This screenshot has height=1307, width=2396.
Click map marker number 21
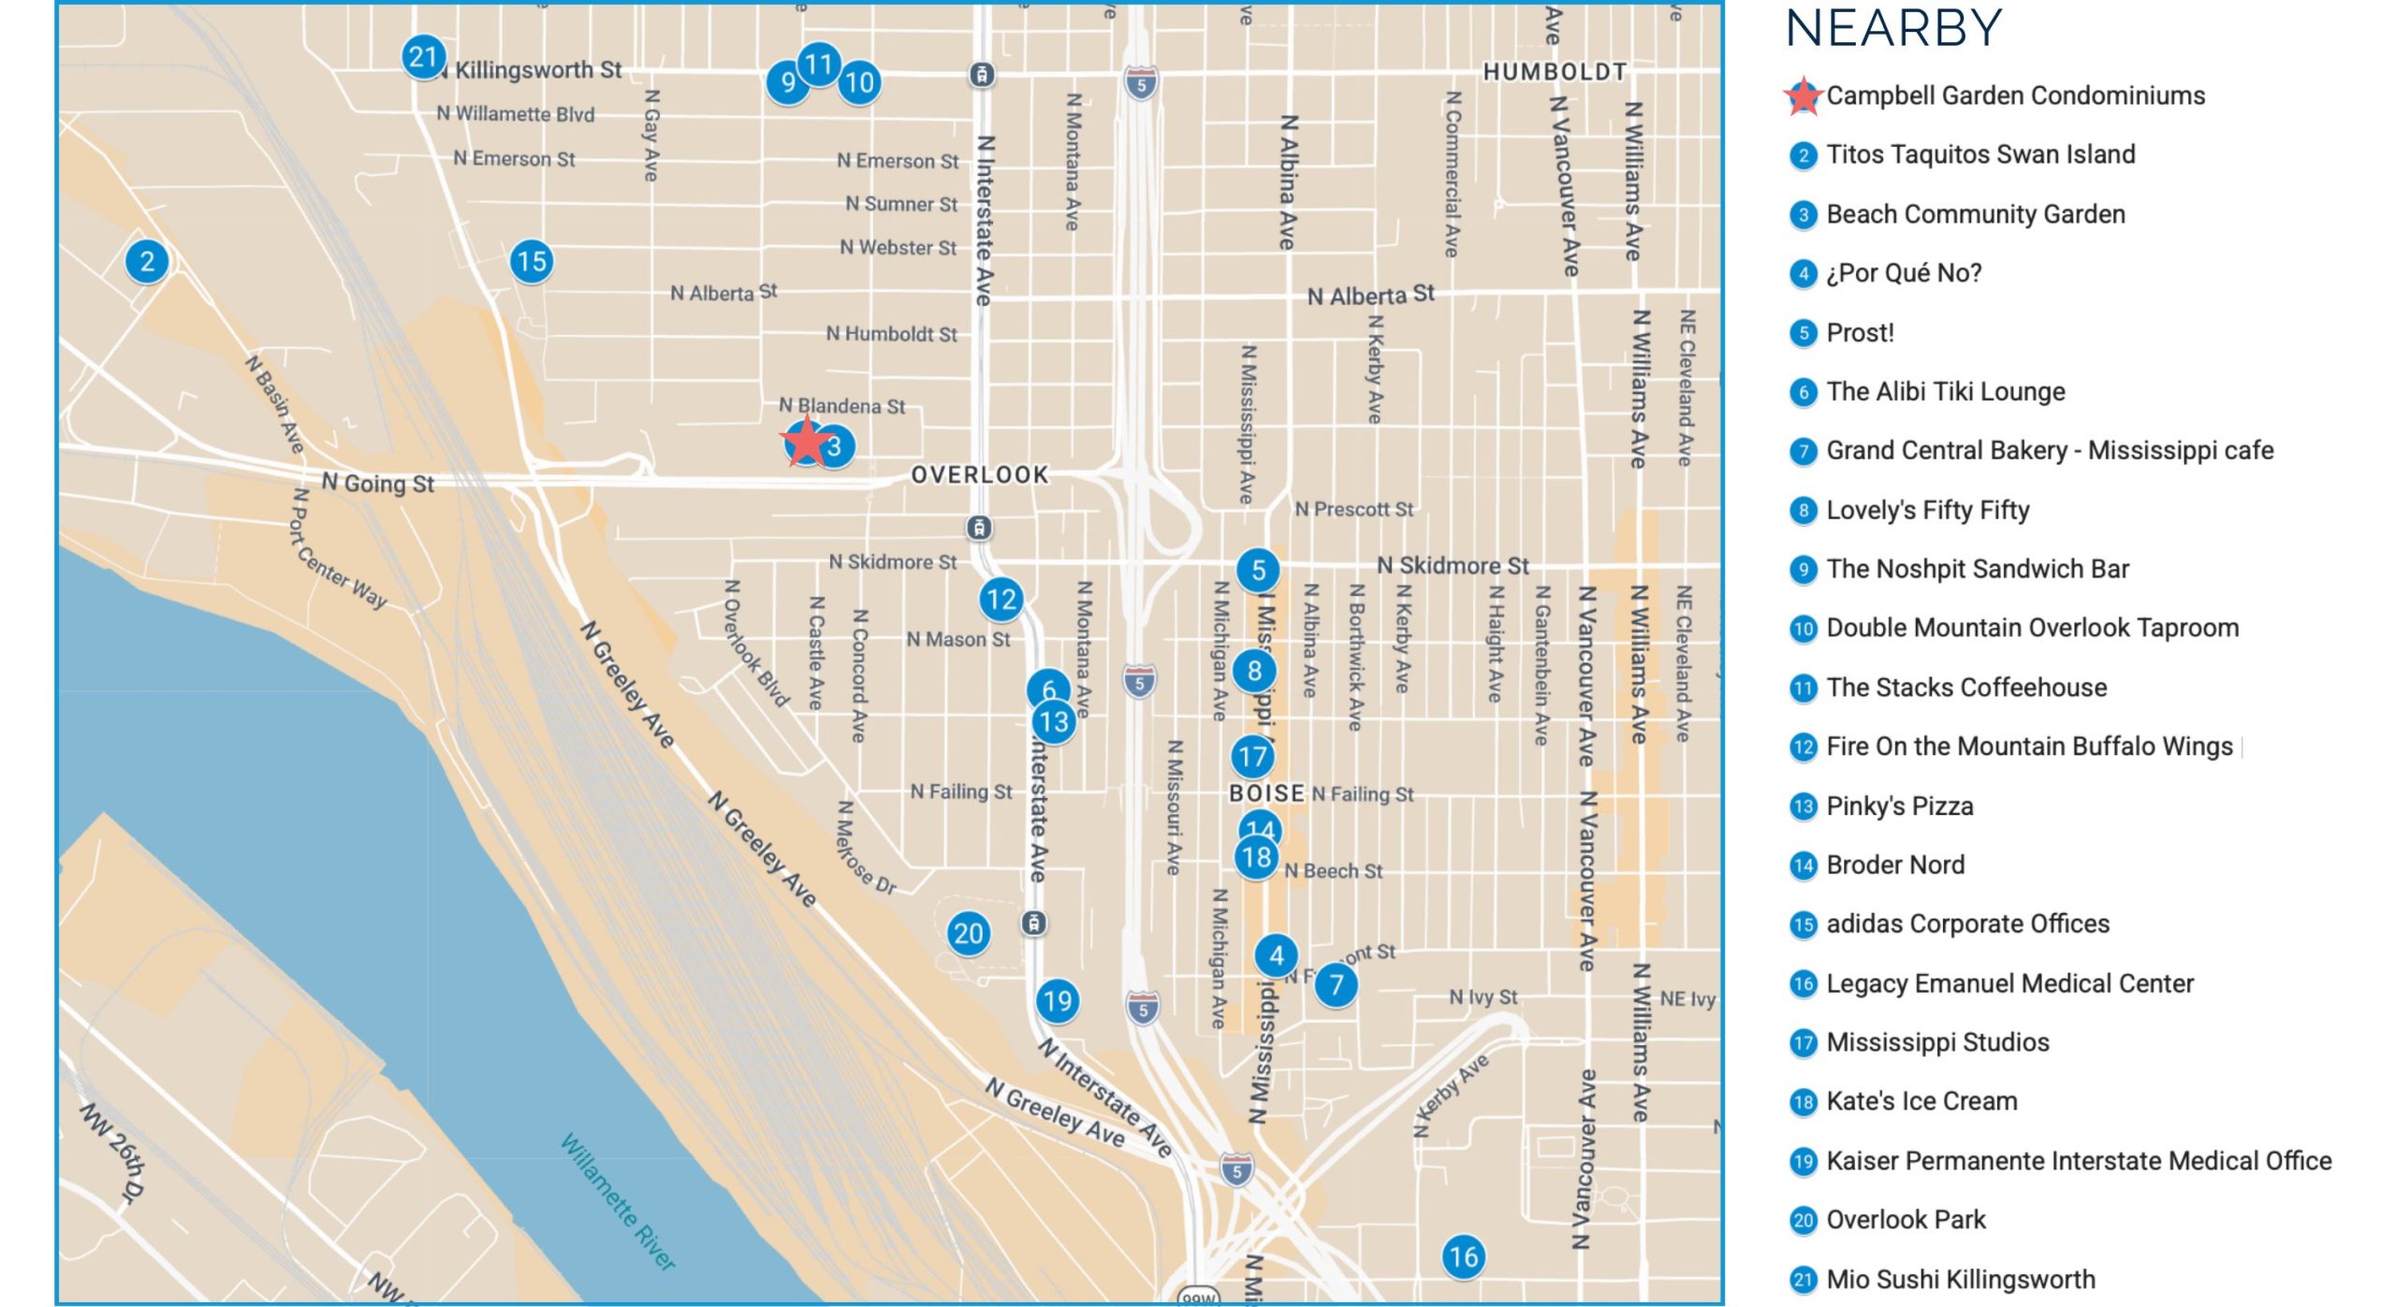[x=423, y=58]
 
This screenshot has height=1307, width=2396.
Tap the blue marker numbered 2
[x=147, y=262]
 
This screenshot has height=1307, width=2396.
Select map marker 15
[x=532, y=262]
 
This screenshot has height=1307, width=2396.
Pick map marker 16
[x=1464, y=1256]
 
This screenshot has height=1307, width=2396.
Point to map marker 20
[x=969, y=934]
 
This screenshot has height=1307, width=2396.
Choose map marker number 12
[x=1001, y=600]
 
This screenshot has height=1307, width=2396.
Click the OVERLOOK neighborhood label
[x=980, y=475]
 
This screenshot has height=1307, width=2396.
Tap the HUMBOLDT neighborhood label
[x=1555, y=72]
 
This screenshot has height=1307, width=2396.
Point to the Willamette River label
[x=618, y=1201]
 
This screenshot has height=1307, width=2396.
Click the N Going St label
[x=378, y=484]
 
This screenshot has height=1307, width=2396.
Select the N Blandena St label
[x=842, y=406]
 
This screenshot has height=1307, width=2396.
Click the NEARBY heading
[x=1893, y=28]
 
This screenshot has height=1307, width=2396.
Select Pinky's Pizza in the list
[x=1899, y=806]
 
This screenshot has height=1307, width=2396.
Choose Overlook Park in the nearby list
[x=1906, y=1220]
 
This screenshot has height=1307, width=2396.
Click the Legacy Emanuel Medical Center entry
[x=2009, y=983]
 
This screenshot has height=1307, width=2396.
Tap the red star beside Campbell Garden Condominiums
[x=1803, y=96]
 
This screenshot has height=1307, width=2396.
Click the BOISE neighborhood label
[x=1266, y=793]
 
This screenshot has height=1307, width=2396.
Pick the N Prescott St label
[x=1353, y=510]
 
